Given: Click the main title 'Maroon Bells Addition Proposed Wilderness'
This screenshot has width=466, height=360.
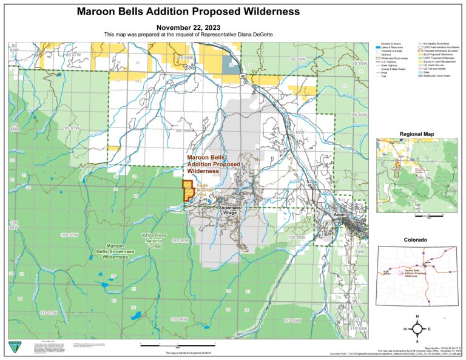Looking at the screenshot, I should coord(188,12).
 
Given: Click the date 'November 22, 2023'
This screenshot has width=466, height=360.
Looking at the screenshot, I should coord(188,27).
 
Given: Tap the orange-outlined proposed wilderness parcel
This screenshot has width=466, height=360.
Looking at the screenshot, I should coord(187,190).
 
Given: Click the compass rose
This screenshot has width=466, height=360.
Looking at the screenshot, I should coord(419,329).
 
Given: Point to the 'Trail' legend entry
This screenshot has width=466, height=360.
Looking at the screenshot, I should coord(385,77).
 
